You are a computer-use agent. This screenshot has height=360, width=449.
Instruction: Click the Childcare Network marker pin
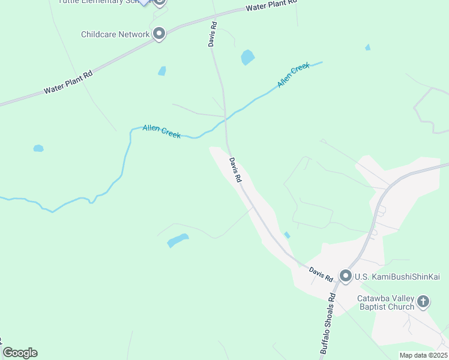point(159,34)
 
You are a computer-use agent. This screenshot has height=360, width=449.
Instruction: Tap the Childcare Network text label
point(115,34)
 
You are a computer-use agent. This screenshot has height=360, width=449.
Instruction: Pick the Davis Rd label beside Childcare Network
point(212,37)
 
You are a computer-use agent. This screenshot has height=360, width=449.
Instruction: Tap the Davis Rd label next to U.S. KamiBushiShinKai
point(321,274)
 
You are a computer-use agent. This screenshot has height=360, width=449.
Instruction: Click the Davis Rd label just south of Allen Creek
point(235,170)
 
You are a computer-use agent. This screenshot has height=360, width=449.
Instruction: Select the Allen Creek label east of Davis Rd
point(294,75)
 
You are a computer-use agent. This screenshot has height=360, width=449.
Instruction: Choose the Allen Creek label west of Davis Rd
point(161,131)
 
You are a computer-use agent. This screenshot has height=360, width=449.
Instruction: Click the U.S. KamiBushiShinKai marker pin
point(346,276)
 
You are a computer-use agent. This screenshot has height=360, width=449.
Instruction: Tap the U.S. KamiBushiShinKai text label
point(397,276)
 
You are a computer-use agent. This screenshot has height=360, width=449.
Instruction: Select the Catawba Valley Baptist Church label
point(385,302)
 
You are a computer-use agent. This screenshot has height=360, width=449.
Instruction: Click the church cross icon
point(423,301)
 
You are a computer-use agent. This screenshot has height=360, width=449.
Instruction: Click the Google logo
point(20,352)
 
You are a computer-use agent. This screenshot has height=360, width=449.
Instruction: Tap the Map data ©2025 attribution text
point(423,355)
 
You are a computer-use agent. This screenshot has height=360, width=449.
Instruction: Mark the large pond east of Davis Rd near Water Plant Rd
point(247,58)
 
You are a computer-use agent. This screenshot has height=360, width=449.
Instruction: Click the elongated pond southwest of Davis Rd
point(178,240)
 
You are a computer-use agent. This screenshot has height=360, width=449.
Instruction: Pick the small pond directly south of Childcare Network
point(162,71)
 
